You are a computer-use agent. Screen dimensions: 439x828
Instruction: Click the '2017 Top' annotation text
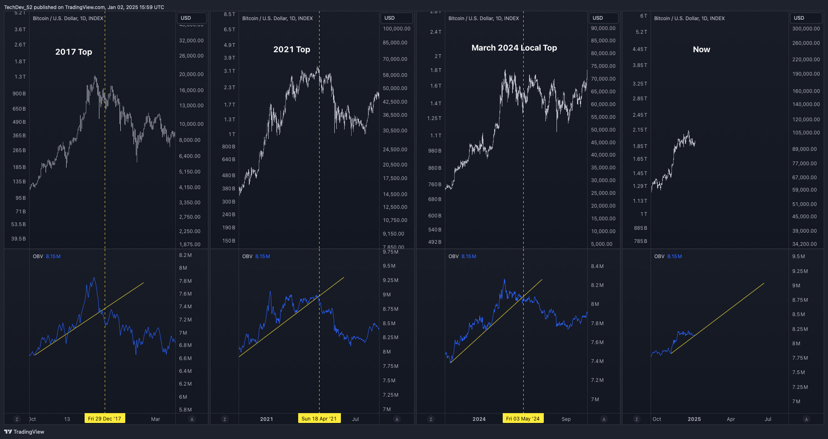tap(74, 52)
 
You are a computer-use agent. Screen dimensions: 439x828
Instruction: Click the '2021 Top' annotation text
tap(292, 49)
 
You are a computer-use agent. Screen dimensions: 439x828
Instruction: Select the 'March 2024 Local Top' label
tap(514, 48)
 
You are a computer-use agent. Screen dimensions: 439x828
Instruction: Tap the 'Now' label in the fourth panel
tap(701, 49)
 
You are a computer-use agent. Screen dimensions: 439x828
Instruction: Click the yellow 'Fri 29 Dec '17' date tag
tap(104, 418)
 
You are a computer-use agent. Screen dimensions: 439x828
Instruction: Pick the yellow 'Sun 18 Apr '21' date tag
tap(319, 418)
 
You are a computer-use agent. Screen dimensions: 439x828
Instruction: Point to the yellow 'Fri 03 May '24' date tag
tap(522, 418)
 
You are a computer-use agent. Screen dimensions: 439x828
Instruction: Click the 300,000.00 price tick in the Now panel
tap(806, 29)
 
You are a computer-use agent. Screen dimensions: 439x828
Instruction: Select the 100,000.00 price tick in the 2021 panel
tap(396, 29)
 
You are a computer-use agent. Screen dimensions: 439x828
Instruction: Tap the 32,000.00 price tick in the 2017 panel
tap(191, 41)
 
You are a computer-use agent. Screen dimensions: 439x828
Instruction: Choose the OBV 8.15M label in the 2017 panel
tap(46, 256)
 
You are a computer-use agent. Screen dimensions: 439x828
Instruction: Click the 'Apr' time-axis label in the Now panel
tap(731, 419)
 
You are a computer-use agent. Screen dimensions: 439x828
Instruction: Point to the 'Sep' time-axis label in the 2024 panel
tap(566, 419)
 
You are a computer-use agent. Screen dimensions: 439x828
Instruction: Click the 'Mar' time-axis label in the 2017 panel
tap(155, 419)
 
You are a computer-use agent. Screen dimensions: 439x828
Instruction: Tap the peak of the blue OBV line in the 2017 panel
tap(94, 278)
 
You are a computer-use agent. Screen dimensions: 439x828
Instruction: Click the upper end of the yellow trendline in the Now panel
tap(764, 283)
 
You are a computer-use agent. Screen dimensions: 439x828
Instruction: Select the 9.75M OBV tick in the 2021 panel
tap(390, 252)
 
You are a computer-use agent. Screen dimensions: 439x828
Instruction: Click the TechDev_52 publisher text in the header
tap(18, 7)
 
